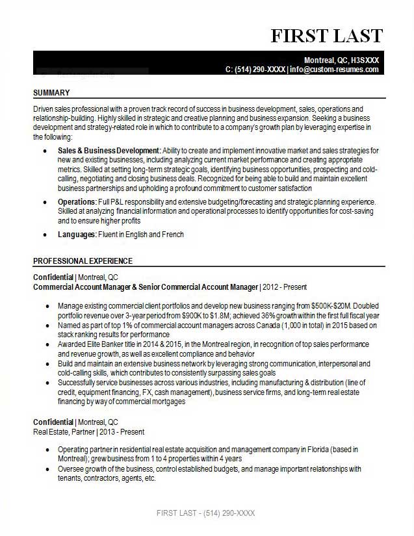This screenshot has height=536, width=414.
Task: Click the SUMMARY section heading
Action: [51, 92]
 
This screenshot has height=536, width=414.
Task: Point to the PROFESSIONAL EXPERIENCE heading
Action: [83, 261]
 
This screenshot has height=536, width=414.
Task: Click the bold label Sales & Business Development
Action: [109, 150]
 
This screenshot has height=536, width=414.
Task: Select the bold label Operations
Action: [77, 203]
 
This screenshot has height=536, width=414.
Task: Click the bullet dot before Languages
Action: [44, 235]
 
